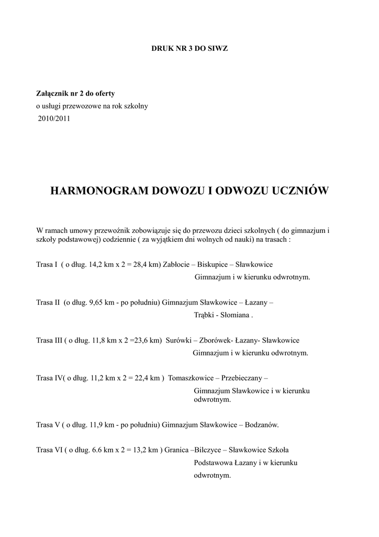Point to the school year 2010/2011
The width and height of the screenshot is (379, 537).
[x=54, y=119]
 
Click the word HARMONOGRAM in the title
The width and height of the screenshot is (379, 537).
[x=99, y=191]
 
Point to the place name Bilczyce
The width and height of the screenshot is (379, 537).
[x=208, y=450]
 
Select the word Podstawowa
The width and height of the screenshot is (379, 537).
[x=213, y=463]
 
